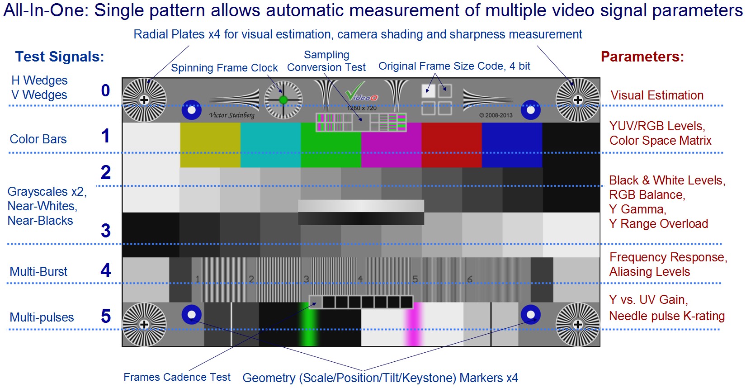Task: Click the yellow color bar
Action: tap(210, 145)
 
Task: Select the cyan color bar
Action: tap(270, 145)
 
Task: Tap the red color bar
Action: tap(451, 145)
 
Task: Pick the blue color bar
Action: tap(512, 145)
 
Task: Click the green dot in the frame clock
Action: tap(283, 99)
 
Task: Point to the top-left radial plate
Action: tap(144, 100)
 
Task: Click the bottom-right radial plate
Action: tap(577, 324)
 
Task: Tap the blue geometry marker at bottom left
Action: tap(191, 315)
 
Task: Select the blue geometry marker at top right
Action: tap(530, 110)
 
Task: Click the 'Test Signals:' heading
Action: tap(60, 57)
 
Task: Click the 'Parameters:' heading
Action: tap(642, 57)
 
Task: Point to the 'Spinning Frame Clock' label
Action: tap(224, 68)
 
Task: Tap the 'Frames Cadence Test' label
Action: tap(177, 377)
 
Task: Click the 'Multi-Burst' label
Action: tap(38, 271)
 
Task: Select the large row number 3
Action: tap(106, 231)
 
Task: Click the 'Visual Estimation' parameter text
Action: tap(657, 95)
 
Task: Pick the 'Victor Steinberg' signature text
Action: tap(231, 115)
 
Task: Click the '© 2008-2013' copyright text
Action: tap(496, 115)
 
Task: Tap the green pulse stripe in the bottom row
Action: tap(309, 324)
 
